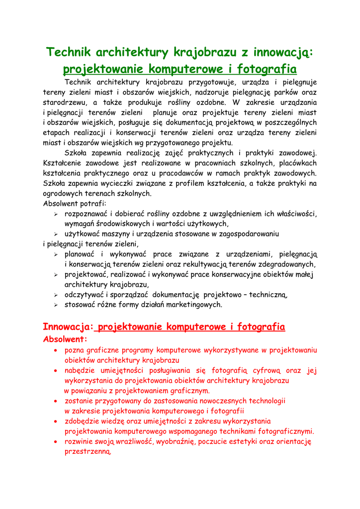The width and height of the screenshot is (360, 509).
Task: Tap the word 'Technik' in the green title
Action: click(68, 52)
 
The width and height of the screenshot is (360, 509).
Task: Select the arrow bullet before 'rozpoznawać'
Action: click(56, 214)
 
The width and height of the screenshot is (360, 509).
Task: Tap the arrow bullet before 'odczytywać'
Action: click(56, 295)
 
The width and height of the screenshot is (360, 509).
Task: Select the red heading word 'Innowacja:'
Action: click(69, 327)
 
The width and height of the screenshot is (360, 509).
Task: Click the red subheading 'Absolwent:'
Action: click(65, 339)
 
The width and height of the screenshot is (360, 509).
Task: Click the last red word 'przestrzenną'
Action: click(88, 452)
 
